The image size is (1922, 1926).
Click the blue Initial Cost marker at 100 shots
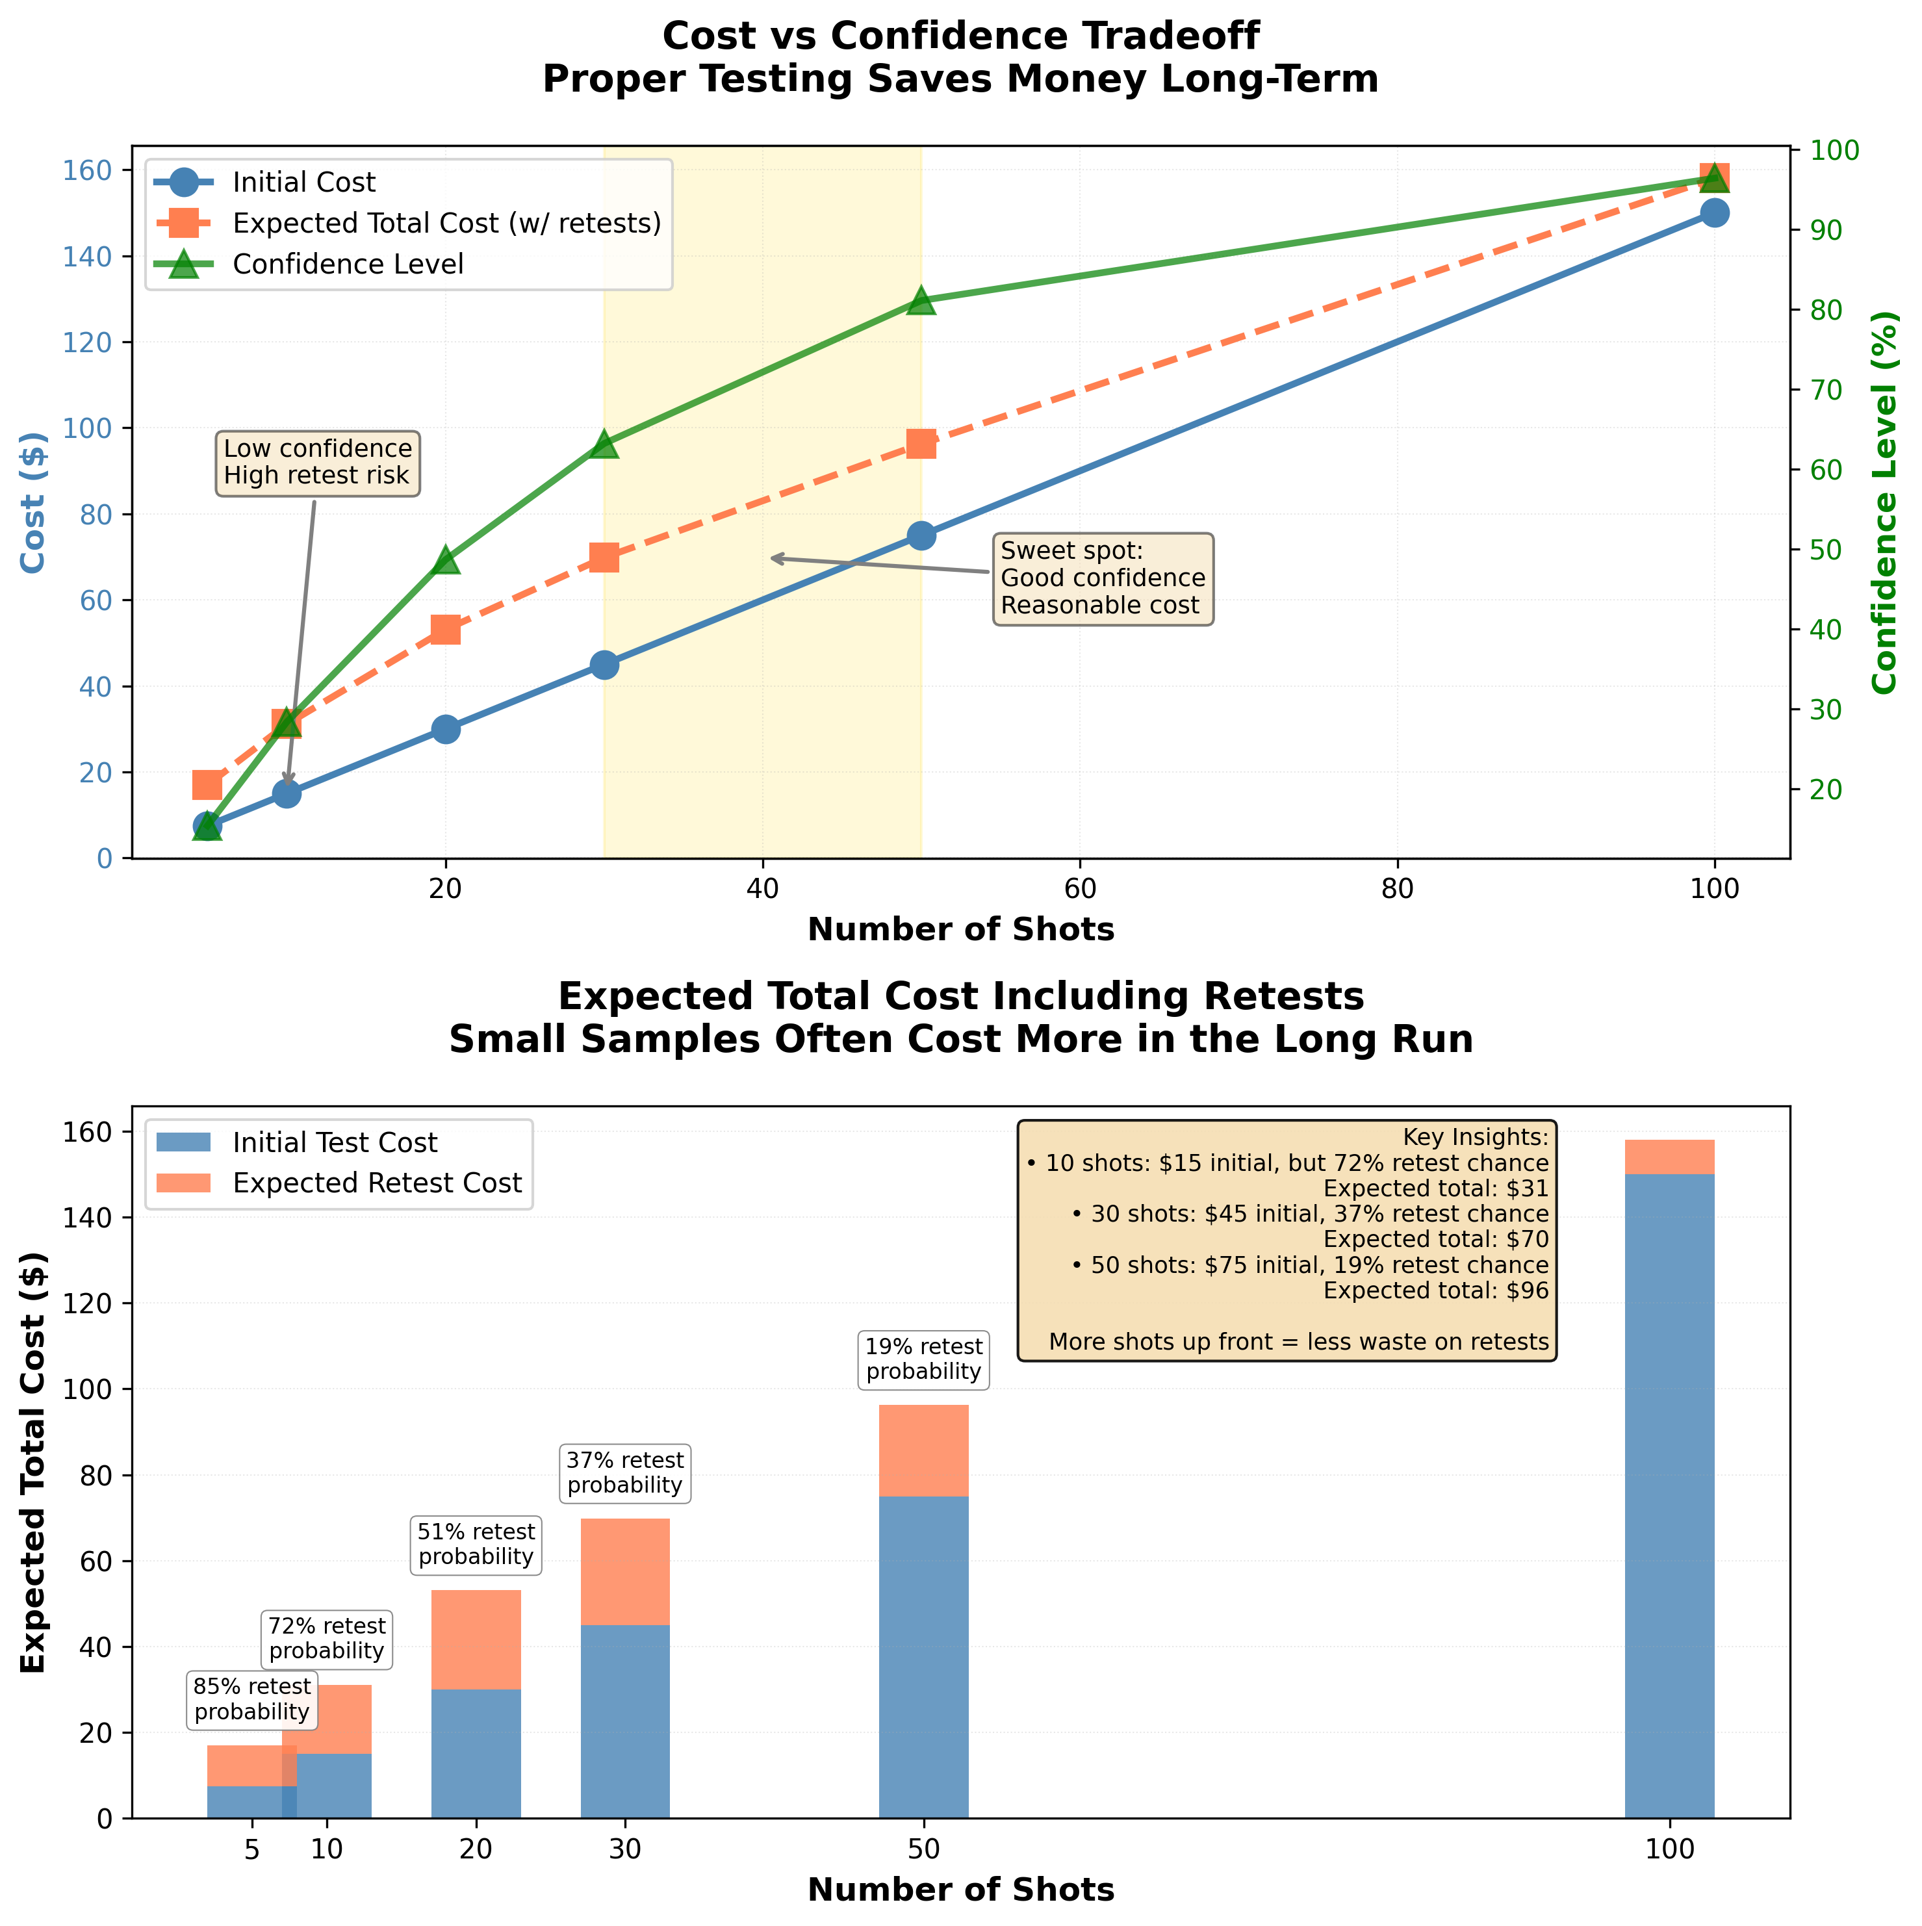tap(1713, 212)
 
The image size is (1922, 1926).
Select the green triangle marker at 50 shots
tap(921, 300)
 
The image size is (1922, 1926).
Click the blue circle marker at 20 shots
tap(446, 728)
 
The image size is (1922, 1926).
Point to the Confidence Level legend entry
tap(347, 264)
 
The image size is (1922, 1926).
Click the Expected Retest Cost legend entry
tap(377, 1183)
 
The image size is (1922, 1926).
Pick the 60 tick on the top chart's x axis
tap(1080, 890)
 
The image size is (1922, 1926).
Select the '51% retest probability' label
tap(476, 1544)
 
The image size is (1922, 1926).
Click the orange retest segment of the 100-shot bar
tap(1670, 1157)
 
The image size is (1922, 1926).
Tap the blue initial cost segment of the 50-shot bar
tap(923, 1655)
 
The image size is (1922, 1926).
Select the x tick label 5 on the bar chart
tap(251, 1849)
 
